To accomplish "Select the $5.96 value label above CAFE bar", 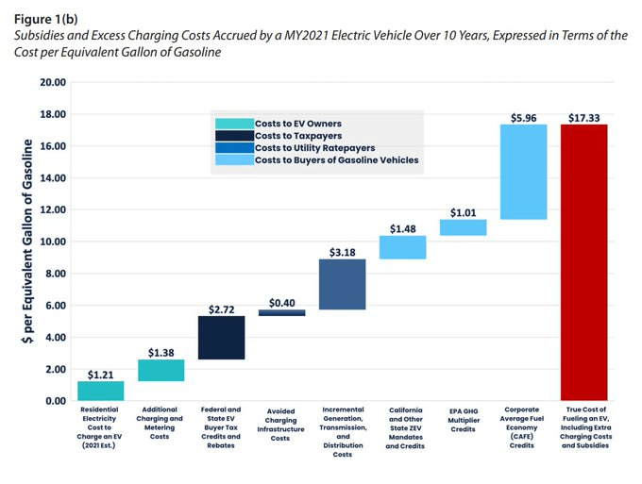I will pos(523,118).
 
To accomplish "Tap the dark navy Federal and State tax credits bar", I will pos(222,337).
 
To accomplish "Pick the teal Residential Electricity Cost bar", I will pos(101,391).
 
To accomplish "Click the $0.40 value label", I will pos(281,303).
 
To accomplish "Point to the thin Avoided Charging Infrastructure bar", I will pos(281,312).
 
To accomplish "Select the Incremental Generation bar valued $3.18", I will pos(342,284).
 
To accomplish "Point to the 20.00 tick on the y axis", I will pos(54,83).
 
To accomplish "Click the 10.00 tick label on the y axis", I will pos(54,242).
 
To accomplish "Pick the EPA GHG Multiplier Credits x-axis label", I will pos(463,421).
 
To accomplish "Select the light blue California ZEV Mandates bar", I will pos(402,247).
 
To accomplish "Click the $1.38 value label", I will pos(161,351).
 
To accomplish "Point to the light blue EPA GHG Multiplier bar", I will pos(463,227).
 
